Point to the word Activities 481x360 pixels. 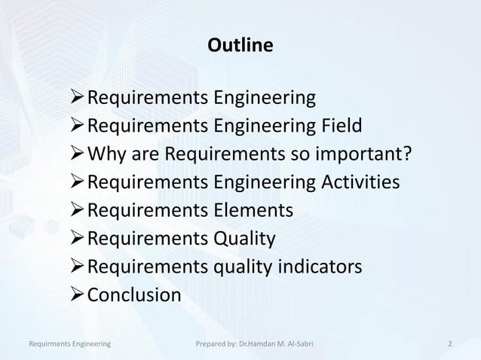pos(354,183)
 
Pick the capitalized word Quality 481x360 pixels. pos(244,239)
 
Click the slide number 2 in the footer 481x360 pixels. pos(449,345)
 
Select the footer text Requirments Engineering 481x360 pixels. pos(70,345)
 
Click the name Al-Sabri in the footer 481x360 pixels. pos(300,345)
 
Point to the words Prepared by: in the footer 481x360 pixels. pos(215,345)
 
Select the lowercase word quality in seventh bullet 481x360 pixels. pos(244,268)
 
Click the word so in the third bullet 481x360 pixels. pos(298,155)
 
